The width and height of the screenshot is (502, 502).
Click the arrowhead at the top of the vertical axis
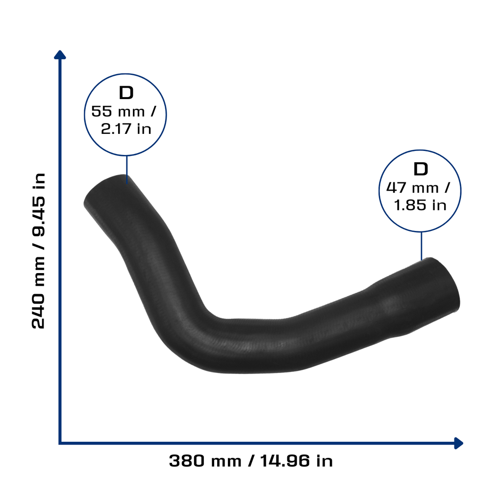click(x=60, y=55)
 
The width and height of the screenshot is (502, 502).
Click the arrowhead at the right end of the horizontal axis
click(x=459, y=443)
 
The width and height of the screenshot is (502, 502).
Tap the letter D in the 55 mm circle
click(x=126, y=93)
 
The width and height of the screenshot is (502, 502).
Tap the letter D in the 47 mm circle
click(x=421, y=169)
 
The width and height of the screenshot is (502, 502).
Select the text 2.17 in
click(x=126, y=129)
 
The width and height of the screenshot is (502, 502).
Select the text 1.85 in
click(x=420, y=205)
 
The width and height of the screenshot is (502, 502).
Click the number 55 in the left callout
click(x=102, y=111)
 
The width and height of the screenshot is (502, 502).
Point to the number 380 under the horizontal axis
click(x=187, y=461)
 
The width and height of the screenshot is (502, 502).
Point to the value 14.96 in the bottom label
click(x=285, y=461)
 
